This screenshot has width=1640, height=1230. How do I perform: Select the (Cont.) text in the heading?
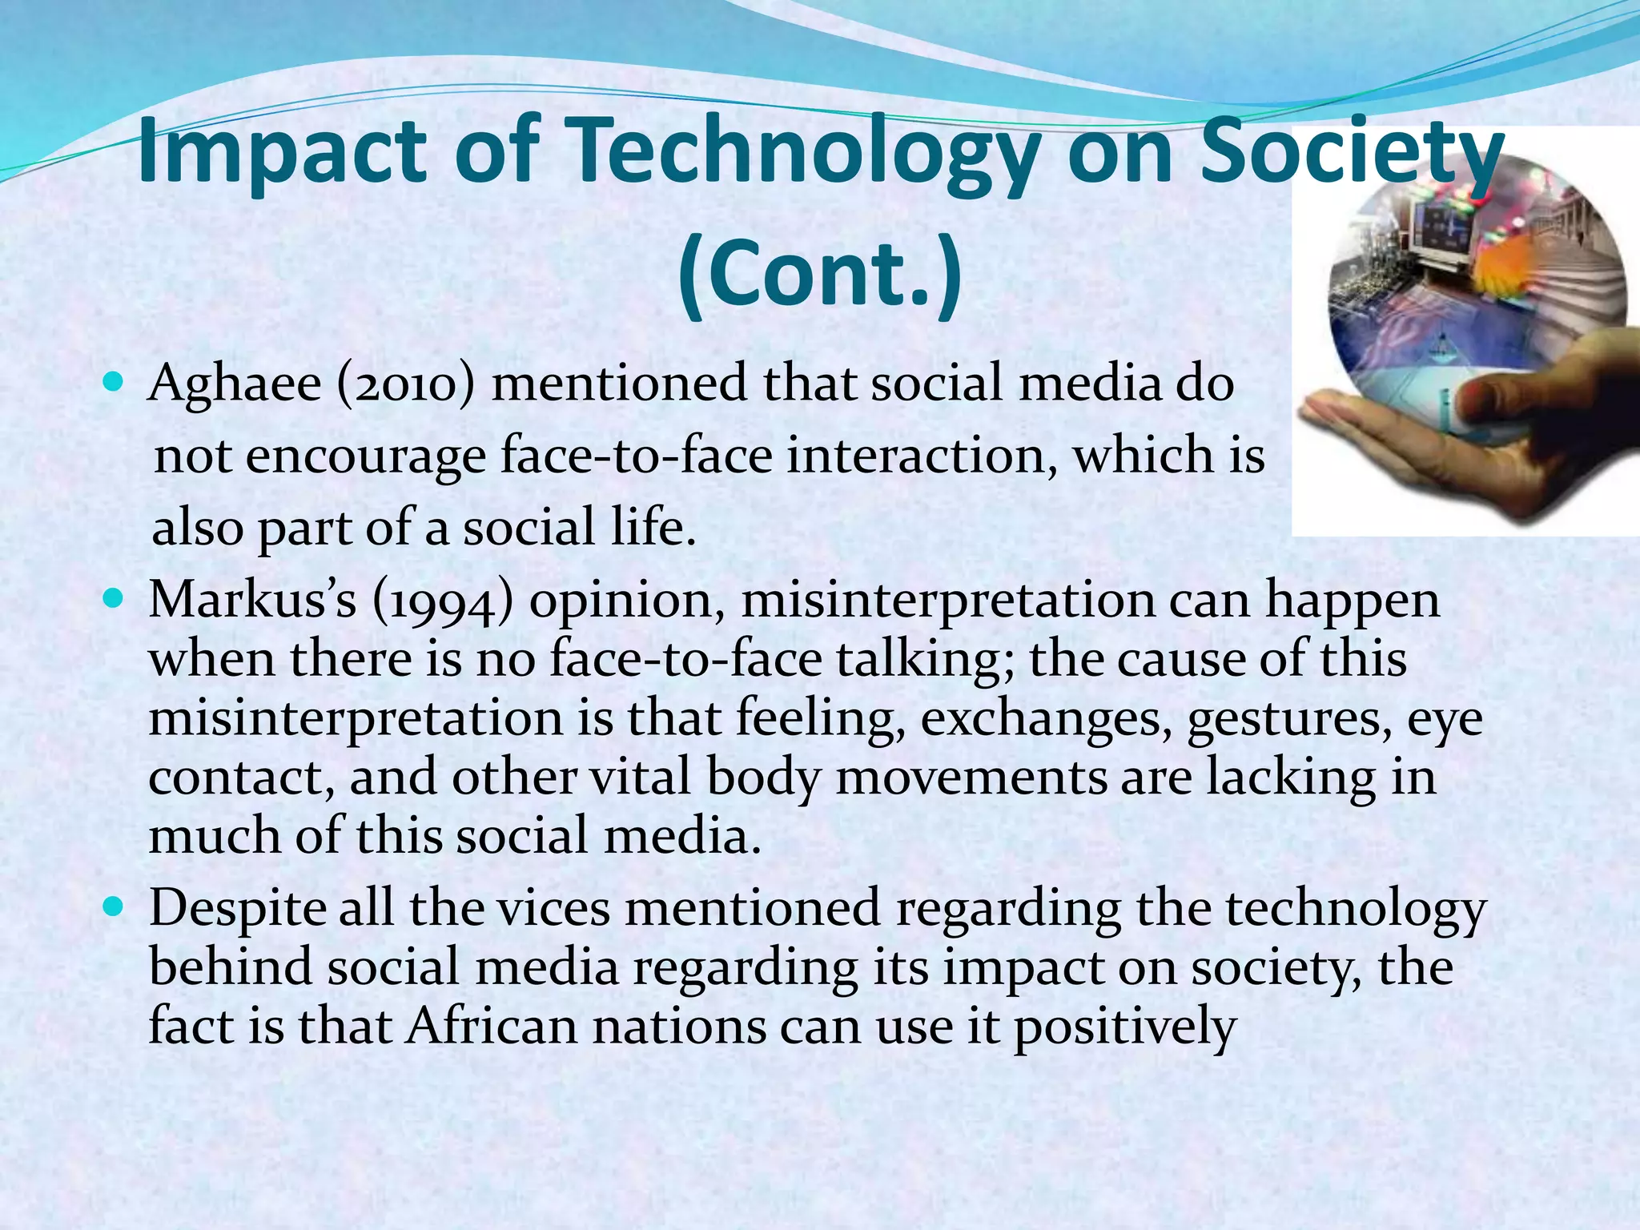point(819,275)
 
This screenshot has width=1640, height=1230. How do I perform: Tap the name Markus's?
point(252,601)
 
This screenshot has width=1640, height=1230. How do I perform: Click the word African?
point(491,1027)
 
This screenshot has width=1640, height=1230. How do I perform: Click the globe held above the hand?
point(1473,296)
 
